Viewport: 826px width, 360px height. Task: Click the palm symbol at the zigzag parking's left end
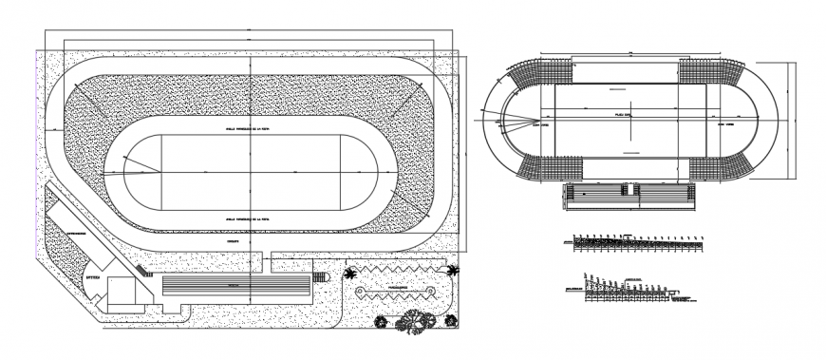[x=351, y=274]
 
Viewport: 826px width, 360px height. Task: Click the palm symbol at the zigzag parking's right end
[x=452, y=271]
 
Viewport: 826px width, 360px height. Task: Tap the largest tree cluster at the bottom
[x=416, y=324]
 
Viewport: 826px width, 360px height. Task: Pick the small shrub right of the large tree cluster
[x=444, y=321]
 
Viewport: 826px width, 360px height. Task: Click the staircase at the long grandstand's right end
[x=319, y=277]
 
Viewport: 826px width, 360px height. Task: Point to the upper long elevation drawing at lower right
[x=636, y=241]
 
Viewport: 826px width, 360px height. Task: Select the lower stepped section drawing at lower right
[x=622, y=290]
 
